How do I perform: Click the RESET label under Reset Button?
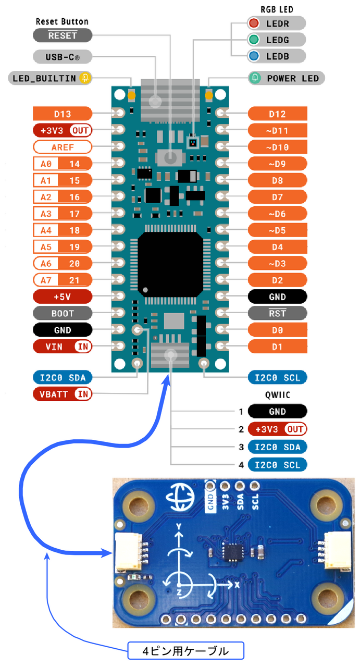click(63, 35)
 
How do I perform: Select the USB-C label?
click(63, 56)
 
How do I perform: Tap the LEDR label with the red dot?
click(276, 23)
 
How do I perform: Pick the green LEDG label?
click(276, 40)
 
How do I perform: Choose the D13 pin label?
click(63, 113)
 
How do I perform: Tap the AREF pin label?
click(63, 146)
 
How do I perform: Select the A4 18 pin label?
click(63, 230)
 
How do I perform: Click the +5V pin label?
click(63, 297)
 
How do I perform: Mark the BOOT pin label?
click(63, 314)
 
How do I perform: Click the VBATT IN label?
click(63, 393)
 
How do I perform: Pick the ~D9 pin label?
click(278, 164)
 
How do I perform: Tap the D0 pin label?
click(278, 330)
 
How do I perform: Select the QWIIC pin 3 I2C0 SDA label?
click(278, 447)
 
